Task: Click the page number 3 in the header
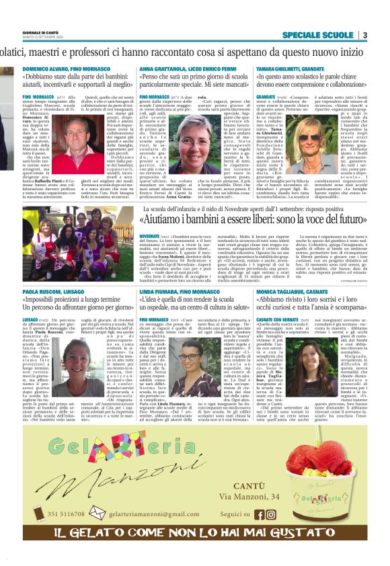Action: coord(364,34)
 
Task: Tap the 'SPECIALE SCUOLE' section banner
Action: coord(317,34)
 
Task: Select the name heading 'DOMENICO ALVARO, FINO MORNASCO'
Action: coord(69,69)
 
